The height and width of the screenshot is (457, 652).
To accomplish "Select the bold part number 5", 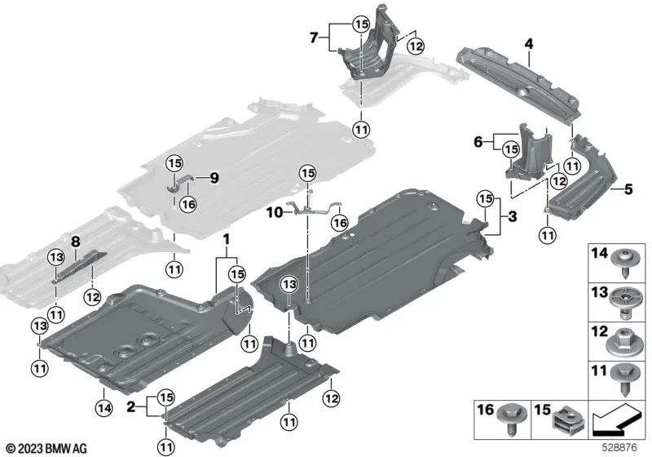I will tap(606, 190).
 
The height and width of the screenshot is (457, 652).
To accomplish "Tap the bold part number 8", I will tap(75, 242).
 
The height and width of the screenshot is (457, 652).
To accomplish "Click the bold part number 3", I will tap(511, 215).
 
